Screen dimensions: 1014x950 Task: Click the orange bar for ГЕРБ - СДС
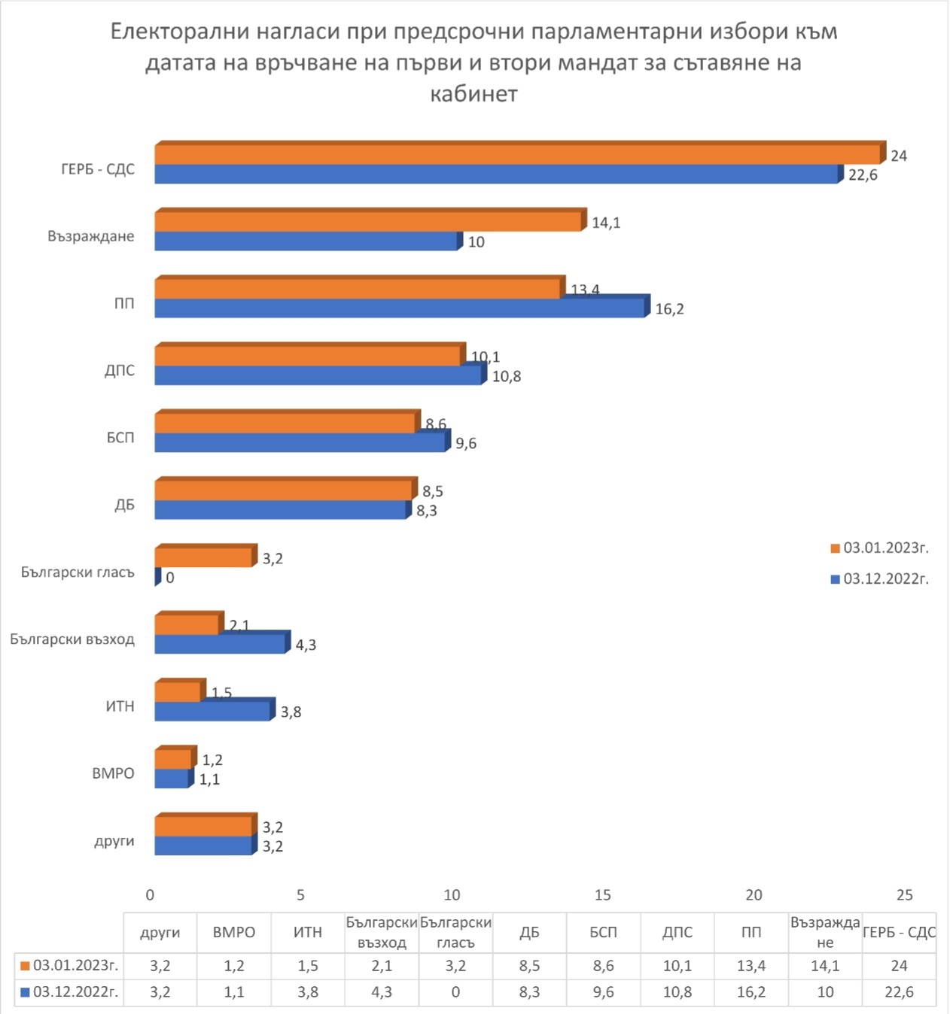pyautogui.click(x=518, y=154)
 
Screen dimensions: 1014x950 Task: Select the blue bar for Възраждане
pyautogui.click(x=306, y=241)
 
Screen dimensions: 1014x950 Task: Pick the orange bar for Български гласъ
pyautogui.click(x=203, y=557)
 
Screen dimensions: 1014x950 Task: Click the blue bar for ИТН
pyautogui.click(x=212, y=711)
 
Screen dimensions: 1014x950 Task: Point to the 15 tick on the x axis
pyautogui.click(x=602, y=894)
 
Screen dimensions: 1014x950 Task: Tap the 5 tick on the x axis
pyautogui.click(x=300, y=894)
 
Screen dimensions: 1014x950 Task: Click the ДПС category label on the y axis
pyautogui.click(x=120, y=370)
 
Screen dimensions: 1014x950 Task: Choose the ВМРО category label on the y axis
pyautogui.click(x=113, y=773)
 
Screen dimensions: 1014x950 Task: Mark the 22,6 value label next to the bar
pyautogui.click(x=863, y=175)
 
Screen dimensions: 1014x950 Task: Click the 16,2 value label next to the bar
pyautogui.click(x=669, y=309)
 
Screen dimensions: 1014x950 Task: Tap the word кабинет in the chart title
pyautogui.click(x=473, y=94)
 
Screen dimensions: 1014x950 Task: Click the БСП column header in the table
pyautogui.click(x=603, y=932)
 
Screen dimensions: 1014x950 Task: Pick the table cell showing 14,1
pyautogui.click(x=825, y=965)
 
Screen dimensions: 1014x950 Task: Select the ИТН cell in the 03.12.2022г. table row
pyautogui.click(x=307, y=992)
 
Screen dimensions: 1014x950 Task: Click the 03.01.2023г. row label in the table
pyautogui.click(x=69, y=965)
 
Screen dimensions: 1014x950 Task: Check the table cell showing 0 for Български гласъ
pyautogui.click(x=455, y=992)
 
